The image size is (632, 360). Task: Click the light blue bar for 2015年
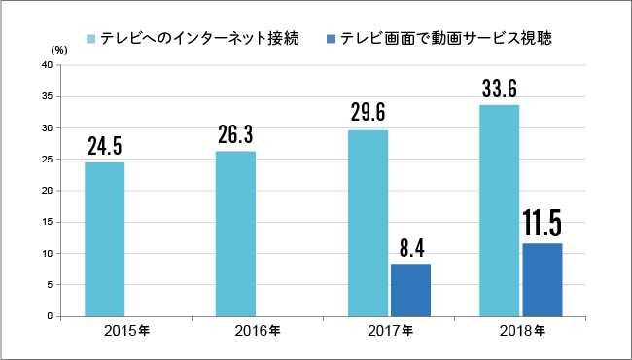pos(104,238)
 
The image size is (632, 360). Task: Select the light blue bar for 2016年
pos(235,234)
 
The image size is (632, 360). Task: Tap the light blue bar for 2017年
pos(368,223)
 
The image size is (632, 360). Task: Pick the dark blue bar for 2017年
pos(410,290)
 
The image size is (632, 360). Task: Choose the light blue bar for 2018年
pos(499,210)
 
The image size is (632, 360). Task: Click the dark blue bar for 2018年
pos(543,280)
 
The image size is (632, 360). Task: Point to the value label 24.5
pos(104,147)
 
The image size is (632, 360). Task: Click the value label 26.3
pos(235,135)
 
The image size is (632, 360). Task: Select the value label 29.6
pos(368,113)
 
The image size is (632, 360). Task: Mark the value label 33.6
pos(499,89)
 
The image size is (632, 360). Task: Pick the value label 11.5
pos(543,224)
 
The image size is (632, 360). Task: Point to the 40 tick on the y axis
pos(46,65)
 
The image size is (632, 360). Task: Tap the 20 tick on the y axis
pos(46,191)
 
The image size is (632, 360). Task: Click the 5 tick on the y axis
pos(49,285)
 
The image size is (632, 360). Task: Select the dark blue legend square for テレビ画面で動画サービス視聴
pos(331,39)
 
